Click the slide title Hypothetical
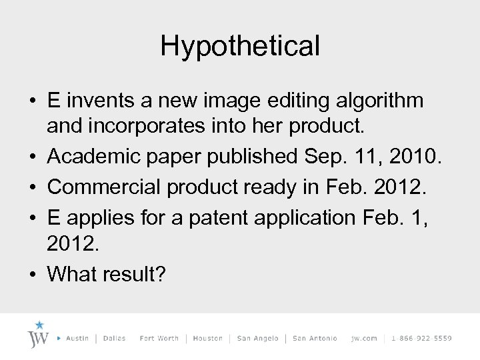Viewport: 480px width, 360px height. (240, 46)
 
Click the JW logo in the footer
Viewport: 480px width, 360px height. (38, 335)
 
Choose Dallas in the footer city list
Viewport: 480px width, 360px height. (115, 339)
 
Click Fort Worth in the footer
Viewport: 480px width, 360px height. (159, 339)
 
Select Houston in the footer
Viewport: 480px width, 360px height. (207, 339)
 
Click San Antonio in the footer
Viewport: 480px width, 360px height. (315, 339)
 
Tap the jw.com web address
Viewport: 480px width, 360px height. (364, 339)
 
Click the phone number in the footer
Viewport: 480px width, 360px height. (422, 339)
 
